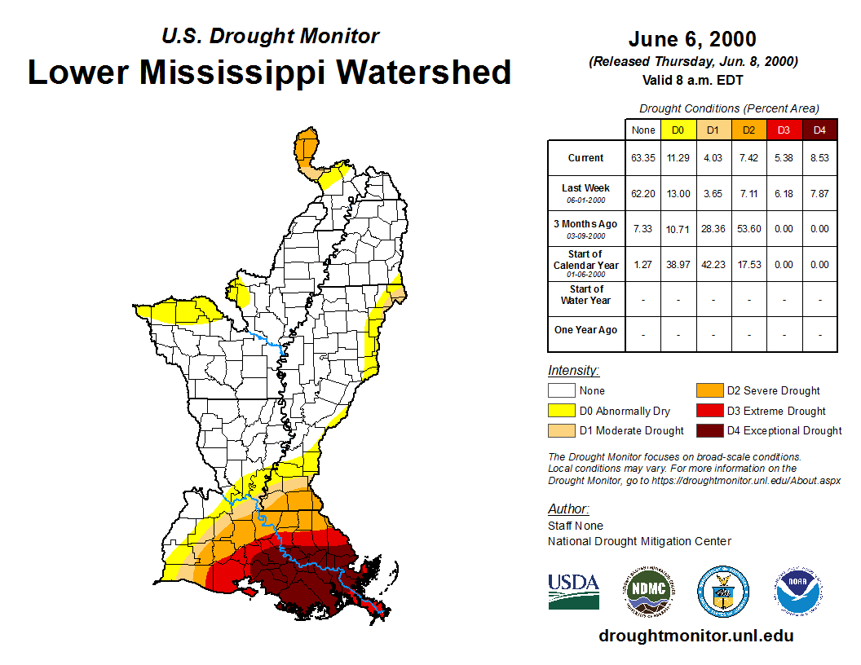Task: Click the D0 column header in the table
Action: [x=678, y=130]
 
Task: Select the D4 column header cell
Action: [x=819, y=130]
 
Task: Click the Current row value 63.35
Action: [x=642, y=158]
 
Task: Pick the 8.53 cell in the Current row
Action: [x=819, y=158]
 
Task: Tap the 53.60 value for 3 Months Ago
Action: [x=749, y=229]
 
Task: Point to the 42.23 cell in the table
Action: [x=713, y=264]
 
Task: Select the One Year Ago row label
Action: [x=585, y=330]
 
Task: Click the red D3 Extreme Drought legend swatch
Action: [x=709, y=411]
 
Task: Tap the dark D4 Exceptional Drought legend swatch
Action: [x=709, y=430]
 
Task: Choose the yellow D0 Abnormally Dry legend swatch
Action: [x=561, y=411]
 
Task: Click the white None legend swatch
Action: [x=561, y=391]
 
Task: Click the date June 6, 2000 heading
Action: [x=692, y=39]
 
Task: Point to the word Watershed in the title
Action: [x=424, y=72]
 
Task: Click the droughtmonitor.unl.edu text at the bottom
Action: [x=695, y=636]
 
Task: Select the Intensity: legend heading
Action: [x=573, y=370]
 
